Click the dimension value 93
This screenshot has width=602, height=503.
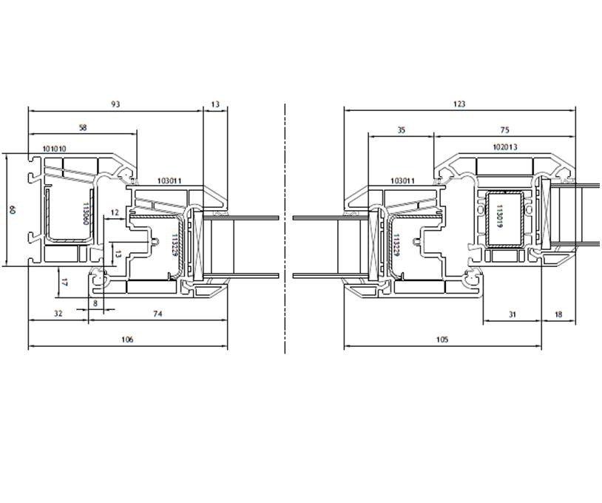115,104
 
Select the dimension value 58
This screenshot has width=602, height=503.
83,128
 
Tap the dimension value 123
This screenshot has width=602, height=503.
459,104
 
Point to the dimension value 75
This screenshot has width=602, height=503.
505,130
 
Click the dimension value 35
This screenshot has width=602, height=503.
401,130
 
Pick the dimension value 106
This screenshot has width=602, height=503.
127,340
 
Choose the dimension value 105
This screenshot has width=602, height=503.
442,340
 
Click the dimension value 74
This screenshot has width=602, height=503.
158,314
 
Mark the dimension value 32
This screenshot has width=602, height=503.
58,314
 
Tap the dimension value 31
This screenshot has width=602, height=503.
513,314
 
